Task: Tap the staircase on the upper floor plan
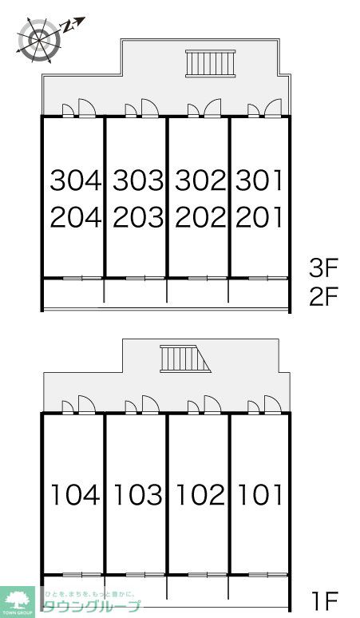click(x=210, y=63)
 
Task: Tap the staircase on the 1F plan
click(x=183, y=359)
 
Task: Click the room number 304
click(x=76, y=181)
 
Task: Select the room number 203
click(x=137, y=216)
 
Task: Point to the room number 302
click(x=200, y=181)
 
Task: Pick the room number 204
click(x=76, y=216)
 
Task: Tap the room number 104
click(x=76, y=495)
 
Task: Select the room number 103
click(x=137, y=495)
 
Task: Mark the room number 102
click(x=200, y=495)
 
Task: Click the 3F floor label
click(x=326, y=267)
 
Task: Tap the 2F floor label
click(x=326, y=297)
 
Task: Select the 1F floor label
click(x=326, y=598)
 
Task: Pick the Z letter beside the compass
click(x=69, y=26)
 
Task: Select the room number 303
click(x=137, y=181)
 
